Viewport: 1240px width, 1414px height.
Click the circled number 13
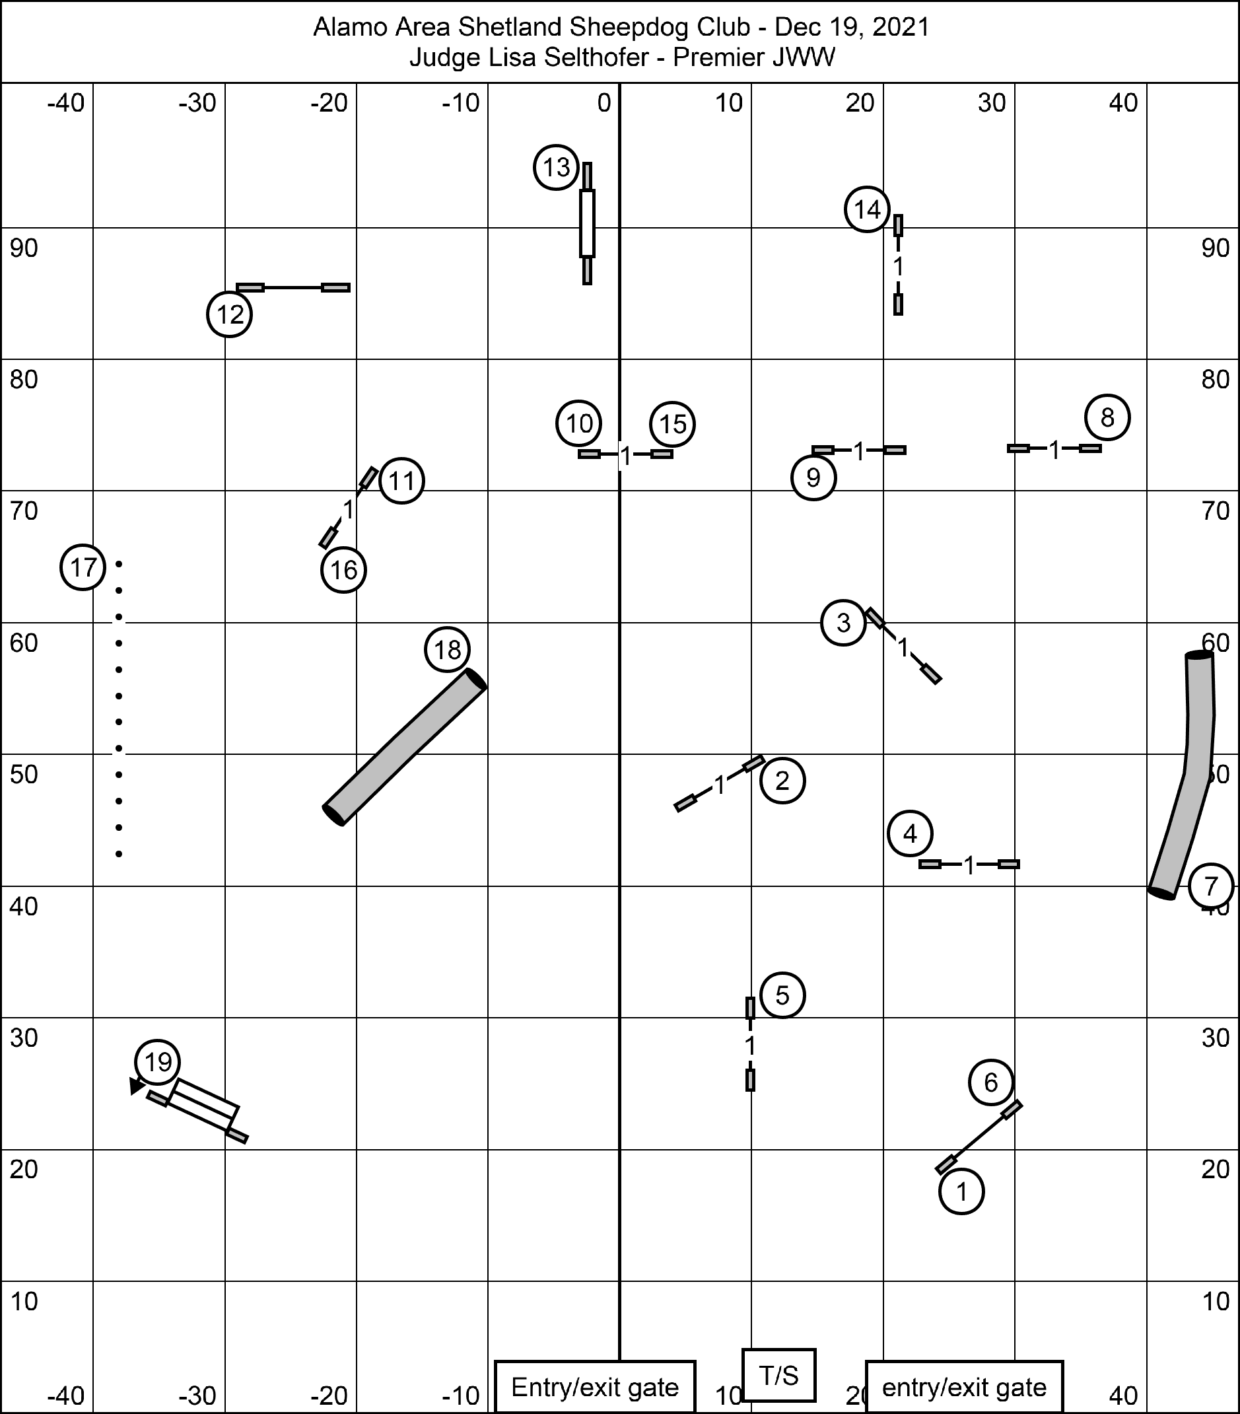[x=556, y=167]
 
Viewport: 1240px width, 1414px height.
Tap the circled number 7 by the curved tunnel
[x=1211, y=886]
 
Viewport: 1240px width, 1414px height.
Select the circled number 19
[x=158, y=1062]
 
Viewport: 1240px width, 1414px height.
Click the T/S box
[x=778, y=1376]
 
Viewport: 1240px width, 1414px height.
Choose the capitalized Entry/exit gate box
[x=595, y=1387]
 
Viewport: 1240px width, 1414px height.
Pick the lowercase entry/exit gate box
[x=964, y=1387]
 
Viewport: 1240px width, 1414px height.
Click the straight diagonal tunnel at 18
[x=405, y=747]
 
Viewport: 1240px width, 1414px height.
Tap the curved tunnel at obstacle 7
[x=1182, y=775]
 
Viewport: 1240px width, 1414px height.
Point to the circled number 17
[x=83, y=567]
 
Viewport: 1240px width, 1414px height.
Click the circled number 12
[x=230, y=315]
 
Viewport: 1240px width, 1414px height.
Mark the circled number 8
[x=1107, y=418]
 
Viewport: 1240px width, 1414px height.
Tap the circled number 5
[x=782, y=995]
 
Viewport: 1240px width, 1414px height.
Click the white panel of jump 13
[x=587, y=223]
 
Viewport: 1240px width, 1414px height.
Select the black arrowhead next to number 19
[x=137, y=1087]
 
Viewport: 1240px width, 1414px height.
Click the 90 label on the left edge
[x=24, y=248]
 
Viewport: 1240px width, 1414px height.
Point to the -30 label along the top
[x=198, y=103]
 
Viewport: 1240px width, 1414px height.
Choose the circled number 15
[x=673, y=424]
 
